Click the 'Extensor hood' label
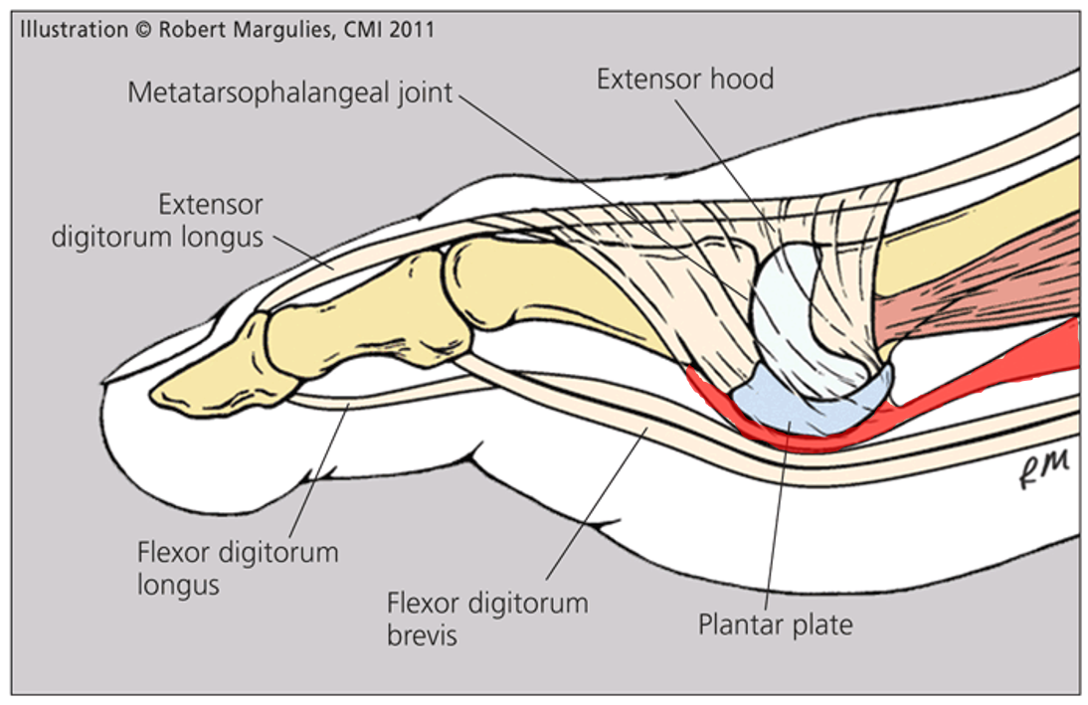[684, 80]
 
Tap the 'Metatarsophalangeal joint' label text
[289, 93]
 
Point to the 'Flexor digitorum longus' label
[238, 568]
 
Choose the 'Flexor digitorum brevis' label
[487, 617]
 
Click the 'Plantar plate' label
[775, 625]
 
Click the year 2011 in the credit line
[413, 30]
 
